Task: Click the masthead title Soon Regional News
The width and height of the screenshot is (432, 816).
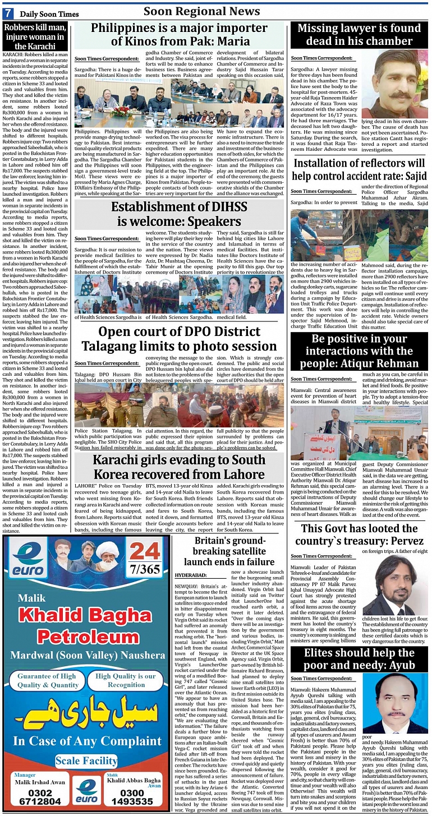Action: click(x=201, y=11)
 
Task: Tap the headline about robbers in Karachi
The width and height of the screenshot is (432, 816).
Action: click(x=35, y=36)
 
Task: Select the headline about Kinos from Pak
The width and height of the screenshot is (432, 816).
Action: click(x=180, y=35)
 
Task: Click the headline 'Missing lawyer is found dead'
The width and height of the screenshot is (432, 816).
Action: click(x=359, y=35)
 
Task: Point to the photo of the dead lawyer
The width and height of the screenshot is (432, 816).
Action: click(x=394, y=84)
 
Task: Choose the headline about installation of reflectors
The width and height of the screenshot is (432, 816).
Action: click(x=359, y=169)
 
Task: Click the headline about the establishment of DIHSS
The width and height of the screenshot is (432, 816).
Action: click(x=180, y=214)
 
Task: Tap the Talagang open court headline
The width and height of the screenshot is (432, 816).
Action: click(x=180, y=339)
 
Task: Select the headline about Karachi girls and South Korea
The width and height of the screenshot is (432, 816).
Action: click(x=180, y=468)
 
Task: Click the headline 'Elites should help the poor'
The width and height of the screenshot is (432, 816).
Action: click(x=359, y=660)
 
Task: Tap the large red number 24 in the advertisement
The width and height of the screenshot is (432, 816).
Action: click(x=145, y=552)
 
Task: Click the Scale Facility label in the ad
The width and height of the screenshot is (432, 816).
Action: click(x=86, y=761)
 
